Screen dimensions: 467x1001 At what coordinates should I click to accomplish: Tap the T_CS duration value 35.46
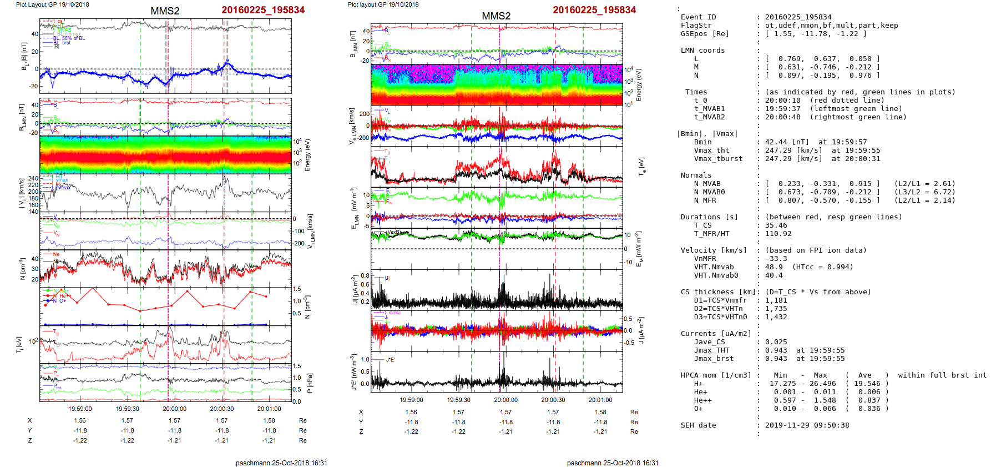coord(776,225)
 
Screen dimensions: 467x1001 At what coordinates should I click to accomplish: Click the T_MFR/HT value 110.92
coord(778,234)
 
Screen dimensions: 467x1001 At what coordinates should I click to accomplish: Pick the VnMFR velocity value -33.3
coord(776,259)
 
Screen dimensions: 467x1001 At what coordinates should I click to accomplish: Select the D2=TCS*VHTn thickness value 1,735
coord(776,309)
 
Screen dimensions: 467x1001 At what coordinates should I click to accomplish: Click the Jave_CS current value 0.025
coord(776,342)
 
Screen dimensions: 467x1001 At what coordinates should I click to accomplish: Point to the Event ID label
coord(698,17)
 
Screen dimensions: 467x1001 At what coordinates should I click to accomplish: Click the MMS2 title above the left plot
coord(165,11)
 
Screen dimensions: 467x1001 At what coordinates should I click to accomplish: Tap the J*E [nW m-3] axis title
coord(353,373)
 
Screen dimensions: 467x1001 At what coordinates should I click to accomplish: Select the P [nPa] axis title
coord(310,383)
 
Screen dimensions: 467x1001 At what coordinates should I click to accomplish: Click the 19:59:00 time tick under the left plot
coord(80,409)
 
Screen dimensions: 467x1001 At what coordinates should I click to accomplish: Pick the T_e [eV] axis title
coord(642,165)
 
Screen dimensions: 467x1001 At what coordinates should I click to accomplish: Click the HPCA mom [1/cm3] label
coord(716,375)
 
